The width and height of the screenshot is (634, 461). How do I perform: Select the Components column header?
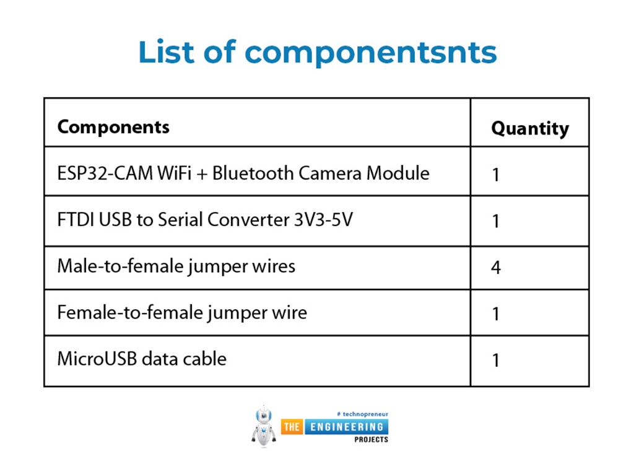point(113,127)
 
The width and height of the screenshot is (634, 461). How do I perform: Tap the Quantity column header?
point(529,128)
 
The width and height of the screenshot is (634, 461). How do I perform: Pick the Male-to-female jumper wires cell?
point(176,266)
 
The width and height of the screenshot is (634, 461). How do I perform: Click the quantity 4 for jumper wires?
point(496,268)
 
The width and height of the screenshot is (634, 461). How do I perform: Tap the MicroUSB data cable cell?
point(142,359)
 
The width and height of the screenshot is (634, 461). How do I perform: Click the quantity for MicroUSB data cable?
point(496,360)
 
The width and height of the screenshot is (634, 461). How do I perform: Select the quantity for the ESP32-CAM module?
point(496,175)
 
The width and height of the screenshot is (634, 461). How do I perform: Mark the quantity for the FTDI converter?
point(496,221)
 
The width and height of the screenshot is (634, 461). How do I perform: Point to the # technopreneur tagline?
point(362,413)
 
